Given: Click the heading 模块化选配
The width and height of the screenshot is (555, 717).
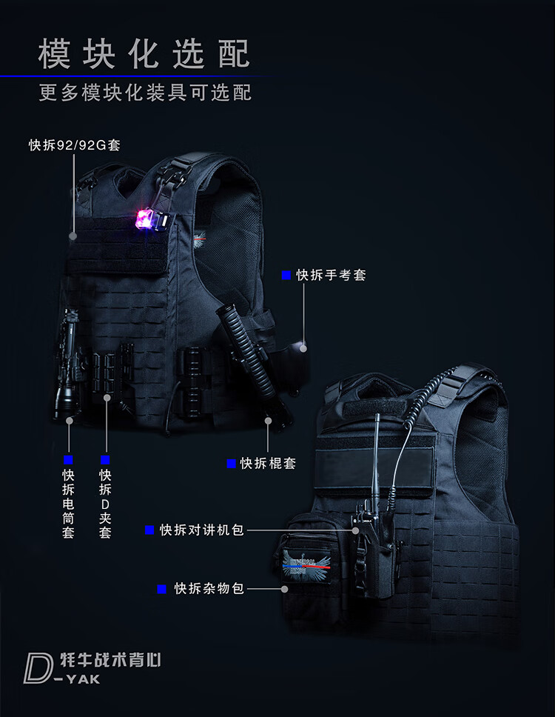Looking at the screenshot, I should tap(144, 53).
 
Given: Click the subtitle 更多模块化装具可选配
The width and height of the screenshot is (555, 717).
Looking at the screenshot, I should tap(145, 93).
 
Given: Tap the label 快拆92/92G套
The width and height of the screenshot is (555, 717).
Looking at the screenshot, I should tap(75, 145).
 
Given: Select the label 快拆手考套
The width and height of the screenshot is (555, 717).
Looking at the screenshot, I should tap(331, 275).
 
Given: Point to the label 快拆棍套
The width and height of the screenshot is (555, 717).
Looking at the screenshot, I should tap(268, 463).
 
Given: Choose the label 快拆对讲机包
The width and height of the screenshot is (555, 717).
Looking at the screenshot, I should tap(201, 530).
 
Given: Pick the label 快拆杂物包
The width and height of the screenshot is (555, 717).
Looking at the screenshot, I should tap(209, 589).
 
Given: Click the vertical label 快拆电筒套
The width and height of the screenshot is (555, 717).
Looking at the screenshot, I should tap(68, 504).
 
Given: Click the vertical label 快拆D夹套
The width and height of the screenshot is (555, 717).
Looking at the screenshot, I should tap(105, 504).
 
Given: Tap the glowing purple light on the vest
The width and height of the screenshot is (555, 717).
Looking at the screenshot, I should tap(144, 218).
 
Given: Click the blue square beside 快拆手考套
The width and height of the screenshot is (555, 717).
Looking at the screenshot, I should tap(286, 275).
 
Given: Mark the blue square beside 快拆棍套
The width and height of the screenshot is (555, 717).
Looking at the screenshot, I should tap(231, 463).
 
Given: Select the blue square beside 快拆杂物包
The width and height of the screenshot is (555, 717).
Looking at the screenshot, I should tap(161, 589).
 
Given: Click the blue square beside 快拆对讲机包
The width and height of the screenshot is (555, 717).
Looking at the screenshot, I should tap(149, 530).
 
